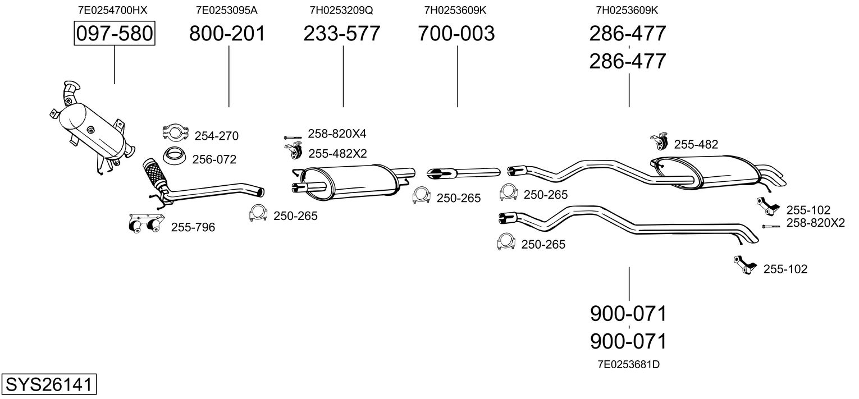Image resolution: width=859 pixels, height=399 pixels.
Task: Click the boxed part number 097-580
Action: (114, 34)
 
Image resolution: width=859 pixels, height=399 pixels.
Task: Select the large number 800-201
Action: (227, 34)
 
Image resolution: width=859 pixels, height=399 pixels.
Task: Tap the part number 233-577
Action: (341, 34)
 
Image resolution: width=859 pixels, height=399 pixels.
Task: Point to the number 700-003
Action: (456, 34)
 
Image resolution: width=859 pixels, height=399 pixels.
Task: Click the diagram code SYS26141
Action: (48, 385)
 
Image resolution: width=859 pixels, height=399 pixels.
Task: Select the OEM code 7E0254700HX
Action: (113, 10)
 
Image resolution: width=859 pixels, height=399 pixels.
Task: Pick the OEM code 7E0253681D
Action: (628, 364)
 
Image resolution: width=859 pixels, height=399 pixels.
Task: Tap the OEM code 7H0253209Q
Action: (341, 10)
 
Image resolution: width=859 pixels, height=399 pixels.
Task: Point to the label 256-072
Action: (214, 159)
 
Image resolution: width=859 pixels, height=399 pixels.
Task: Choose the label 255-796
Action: (193, 227)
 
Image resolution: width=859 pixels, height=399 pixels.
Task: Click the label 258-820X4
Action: (337, 134)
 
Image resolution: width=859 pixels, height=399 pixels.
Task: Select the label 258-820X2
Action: (815, 223)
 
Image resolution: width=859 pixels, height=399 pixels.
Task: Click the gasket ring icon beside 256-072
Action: (174, 154)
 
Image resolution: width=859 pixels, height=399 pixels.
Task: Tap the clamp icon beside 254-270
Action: (175, 132)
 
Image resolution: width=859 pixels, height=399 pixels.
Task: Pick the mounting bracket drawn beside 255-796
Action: (144, 222)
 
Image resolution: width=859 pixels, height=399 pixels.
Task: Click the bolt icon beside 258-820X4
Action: (293, 136)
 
